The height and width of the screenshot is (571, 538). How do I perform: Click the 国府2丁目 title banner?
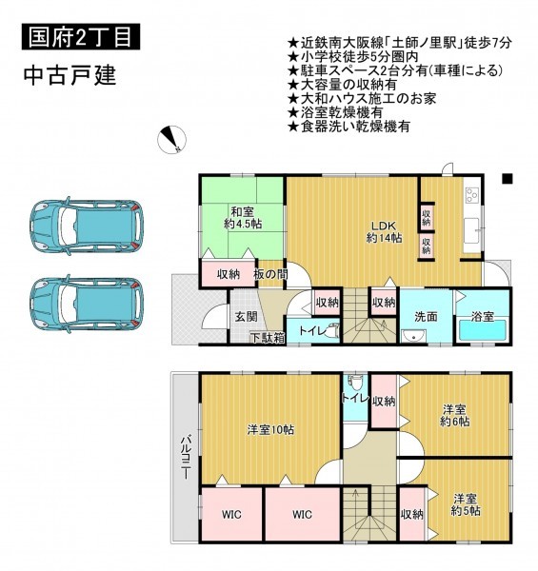[81, 36]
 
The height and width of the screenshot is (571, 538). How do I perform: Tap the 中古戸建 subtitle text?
[70, 75]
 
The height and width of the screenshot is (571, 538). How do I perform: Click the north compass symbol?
[171, 140]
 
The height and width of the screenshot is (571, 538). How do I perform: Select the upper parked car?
[86, 226]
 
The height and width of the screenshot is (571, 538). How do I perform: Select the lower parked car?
[86, 304]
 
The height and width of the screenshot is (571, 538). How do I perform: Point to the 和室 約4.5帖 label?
[243, 217]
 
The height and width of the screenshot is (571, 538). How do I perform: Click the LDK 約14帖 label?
[385, 231]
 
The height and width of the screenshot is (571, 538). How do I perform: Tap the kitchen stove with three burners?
[471, 194]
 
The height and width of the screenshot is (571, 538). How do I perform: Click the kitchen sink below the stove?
[472, 231]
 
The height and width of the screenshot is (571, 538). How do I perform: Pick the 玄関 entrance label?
[246, 317]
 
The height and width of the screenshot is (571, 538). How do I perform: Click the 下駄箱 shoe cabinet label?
[268, 338]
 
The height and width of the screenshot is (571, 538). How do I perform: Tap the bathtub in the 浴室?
[483, 329]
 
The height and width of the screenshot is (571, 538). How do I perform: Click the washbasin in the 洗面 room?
[414, 336]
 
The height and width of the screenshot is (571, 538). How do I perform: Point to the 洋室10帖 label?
[270, 430]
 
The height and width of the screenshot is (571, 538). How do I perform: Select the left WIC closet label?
[231, 515]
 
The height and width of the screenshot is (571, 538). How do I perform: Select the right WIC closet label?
[302, 514]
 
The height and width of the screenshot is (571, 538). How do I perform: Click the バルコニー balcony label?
[186, 457]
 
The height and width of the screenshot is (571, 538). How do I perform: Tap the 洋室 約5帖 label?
[466, 504]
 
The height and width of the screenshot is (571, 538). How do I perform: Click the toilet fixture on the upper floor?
[355, 384]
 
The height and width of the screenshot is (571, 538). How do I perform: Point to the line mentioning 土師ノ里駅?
[400, 43]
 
